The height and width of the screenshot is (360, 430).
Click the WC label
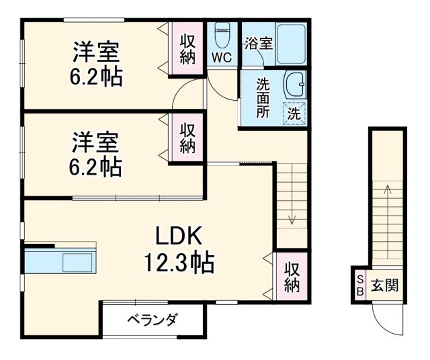222,58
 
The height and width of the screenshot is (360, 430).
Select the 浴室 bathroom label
259,44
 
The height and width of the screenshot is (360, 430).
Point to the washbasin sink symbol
294,84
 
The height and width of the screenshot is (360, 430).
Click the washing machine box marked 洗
294,113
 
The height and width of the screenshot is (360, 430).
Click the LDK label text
178,236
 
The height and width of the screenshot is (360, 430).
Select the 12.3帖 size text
178,262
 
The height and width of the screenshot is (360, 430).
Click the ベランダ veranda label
153,320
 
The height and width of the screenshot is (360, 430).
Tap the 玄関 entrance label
385,285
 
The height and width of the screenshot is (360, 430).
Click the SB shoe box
359,285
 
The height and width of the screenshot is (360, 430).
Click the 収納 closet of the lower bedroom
187,138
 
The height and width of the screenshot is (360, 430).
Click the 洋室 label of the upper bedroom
97,51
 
